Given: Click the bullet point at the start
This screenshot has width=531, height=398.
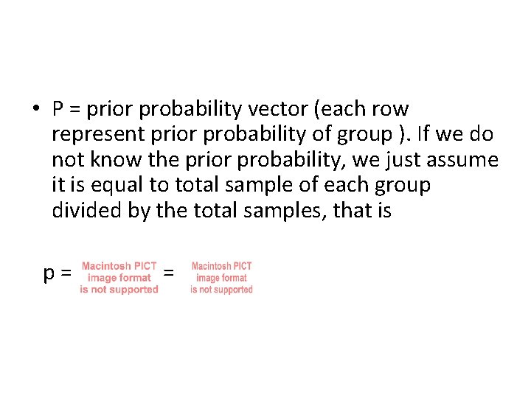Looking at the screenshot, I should [x=35, y=110].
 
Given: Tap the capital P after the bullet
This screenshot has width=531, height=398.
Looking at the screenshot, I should [x=58, y=110].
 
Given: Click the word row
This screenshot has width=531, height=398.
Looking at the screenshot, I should [x=390, y=110].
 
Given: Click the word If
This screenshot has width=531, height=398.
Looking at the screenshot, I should [x=440, y=135].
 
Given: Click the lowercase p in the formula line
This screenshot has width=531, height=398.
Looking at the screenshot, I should [x=49, y=274].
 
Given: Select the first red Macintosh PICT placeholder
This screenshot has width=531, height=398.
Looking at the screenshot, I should [x=119, y=278].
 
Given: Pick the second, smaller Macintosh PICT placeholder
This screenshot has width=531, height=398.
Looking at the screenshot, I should [x=221, y=278].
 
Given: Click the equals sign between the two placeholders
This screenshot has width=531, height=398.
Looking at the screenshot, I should [x=169, y=273].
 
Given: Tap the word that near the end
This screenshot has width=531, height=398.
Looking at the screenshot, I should [x=350, y=212].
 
